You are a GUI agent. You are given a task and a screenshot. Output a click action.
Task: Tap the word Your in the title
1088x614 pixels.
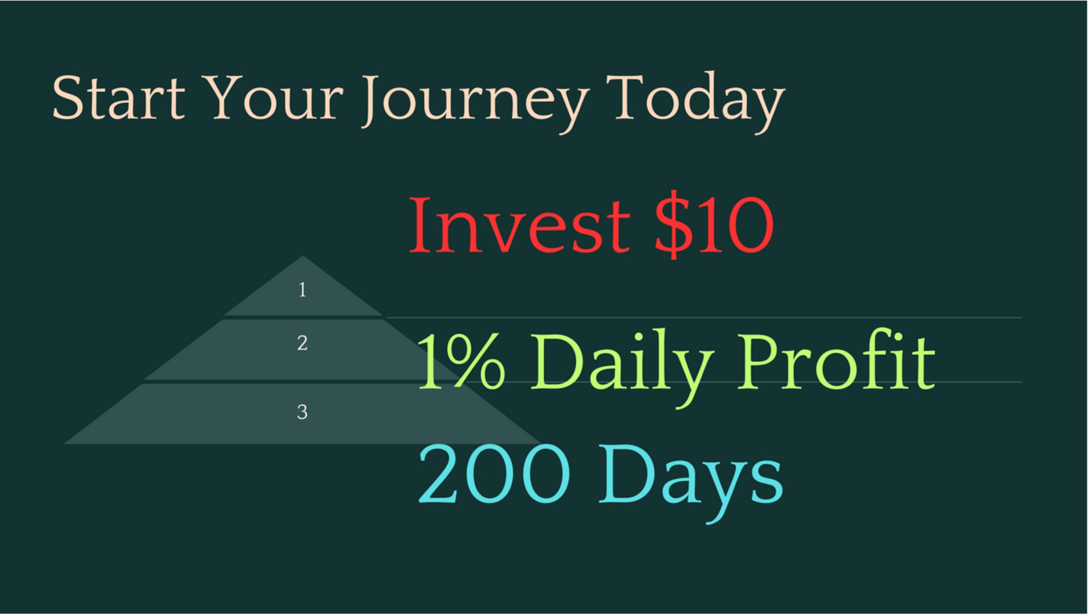click(x=274, y=98)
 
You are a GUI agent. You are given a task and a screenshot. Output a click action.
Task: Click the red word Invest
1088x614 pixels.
click(x=519, y=225)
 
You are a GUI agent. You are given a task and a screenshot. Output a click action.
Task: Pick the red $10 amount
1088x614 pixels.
click(x=714, y=226)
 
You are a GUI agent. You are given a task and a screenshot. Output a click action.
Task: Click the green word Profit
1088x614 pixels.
click(x=836, y=360)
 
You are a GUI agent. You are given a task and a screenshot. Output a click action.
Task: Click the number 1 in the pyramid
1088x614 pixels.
click(x=302, y=289)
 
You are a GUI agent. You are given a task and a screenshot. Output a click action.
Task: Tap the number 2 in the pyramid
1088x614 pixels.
click(x=302, y=343)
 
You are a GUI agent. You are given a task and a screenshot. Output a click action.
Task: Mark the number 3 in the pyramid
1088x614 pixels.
click(x=302, y=412)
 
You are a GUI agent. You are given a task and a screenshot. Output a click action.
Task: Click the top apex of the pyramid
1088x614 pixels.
click(x=302, y=256)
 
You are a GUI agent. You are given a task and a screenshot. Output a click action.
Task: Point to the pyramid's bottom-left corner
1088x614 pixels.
click(x=64, y=444)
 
